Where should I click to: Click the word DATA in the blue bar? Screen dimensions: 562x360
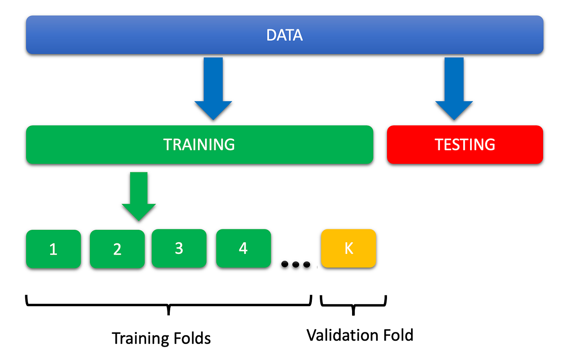pos(285,35)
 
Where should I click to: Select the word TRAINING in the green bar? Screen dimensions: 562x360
pos(199,145)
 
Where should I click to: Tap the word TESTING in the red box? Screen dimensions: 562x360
pos(465,145)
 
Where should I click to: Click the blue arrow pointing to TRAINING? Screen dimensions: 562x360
pos(213,89)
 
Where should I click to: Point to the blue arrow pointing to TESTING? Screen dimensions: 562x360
pos(454,89)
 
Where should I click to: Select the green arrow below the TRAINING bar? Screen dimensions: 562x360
pos(139,196)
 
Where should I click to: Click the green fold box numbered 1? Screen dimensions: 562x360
pos(53,249)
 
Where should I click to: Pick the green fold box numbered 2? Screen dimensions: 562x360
pos(117,249)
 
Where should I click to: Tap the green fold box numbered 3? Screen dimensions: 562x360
pos(179,248)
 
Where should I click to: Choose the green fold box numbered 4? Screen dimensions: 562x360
pos(244,248)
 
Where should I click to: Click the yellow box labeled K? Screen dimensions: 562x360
pos(348,248)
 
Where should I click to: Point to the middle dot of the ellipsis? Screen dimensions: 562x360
pos(296,264)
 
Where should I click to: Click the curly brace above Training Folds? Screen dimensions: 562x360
pos(169,305)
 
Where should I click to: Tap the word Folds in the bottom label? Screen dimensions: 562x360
pos(192,338)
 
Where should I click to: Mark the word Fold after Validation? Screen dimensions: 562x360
pos(395,335)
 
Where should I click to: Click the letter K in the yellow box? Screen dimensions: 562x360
pos(349,248)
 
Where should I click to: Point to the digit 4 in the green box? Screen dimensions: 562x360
pos(243,248)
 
